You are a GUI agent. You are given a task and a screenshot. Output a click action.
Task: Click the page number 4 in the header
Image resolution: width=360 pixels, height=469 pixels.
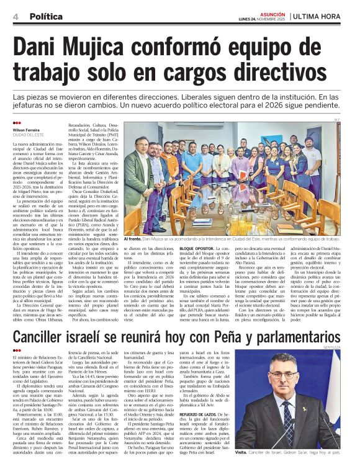click(15, 16)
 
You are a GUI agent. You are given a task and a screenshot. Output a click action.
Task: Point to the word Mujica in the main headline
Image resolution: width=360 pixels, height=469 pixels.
click(102, 48)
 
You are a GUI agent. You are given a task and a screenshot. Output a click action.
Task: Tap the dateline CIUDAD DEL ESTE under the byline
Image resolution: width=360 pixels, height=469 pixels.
click(27, 135)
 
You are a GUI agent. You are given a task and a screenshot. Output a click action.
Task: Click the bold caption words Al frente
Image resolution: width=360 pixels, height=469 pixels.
click(133, 238)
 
